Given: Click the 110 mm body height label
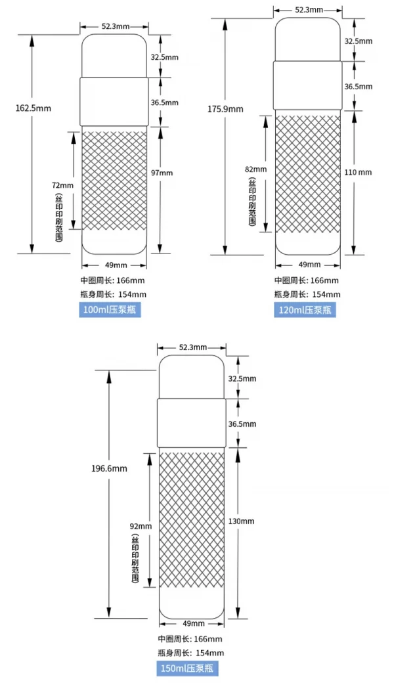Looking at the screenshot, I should pos(358,173).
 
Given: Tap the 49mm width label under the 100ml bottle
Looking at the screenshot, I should pos(114,265).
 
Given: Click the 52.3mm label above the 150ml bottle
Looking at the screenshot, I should pos(192,347).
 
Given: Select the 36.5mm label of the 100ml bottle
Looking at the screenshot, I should pos(164,102).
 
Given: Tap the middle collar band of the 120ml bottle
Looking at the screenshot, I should pos(307,86).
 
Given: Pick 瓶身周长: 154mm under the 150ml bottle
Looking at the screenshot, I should pos(191,653).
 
